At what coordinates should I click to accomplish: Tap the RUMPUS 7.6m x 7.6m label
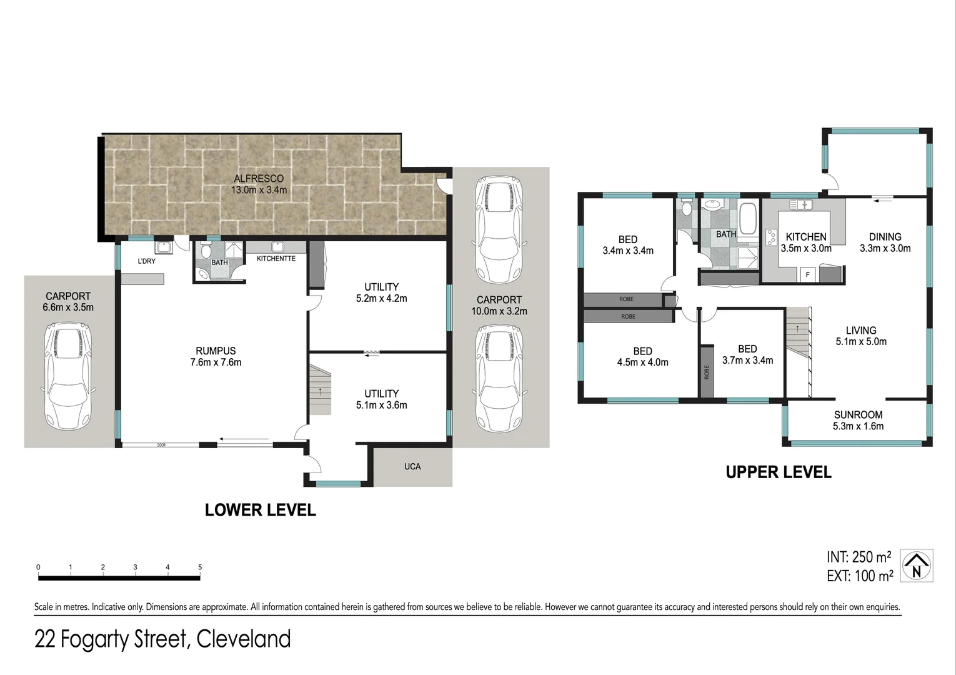[216, 356]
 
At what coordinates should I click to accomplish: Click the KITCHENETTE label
[276, 259]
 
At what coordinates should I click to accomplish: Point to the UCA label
[412, 466]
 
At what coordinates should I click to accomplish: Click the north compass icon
[917, 566]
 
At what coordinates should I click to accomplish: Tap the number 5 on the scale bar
[200, 567]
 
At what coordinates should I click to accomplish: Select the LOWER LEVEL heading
[260, 510]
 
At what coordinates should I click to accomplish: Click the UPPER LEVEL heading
[778, 472]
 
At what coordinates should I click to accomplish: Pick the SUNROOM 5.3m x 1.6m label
[858, 420]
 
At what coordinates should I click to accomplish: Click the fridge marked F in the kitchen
[807, 274]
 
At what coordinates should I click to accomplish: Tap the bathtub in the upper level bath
[748, 217]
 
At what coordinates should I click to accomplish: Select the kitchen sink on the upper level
[800, 205]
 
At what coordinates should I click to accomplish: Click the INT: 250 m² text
[859, 557]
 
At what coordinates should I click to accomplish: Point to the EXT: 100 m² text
[859, 576]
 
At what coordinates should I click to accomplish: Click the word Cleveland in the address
[243, 639]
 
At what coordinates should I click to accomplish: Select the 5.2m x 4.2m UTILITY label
[381, 292]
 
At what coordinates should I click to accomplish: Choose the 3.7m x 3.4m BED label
[747, 354]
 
